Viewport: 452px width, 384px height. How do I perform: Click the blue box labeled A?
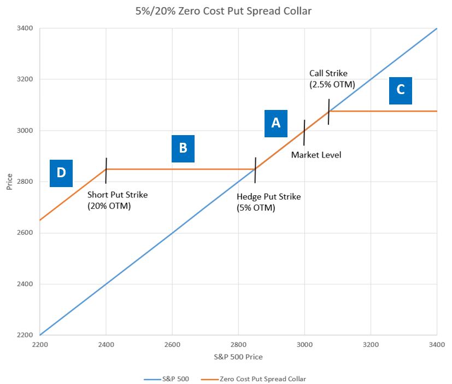coord(276,123)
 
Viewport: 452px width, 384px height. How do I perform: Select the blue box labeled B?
coord(183,148)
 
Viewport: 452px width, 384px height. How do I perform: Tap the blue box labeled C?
coord(400,90)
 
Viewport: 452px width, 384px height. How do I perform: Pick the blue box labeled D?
coord(61,173)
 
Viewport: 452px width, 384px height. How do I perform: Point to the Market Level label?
coord(316,155)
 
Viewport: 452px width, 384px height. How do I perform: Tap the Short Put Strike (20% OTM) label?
coord(118,200)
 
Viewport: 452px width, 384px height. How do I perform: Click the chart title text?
coord(226,10)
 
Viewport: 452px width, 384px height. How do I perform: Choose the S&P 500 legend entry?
coord(167,377)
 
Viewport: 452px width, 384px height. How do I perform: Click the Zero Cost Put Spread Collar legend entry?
coord(256,377)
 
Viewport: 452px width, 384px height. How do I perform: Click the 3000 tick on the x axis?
coord(304,345)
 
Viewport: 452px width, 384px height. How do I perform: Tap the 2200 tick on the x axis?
coord(40,345)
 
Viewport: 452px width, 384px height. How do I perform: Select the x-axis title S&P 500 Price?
coord(238,357)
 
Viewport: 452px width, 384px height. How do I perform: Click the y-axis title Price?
coord(9,182)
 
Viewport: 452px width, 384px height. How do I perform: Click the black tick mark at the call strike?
coord(328,112)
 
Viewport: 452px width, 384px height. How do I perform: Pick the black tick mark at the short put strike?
coord(106,170)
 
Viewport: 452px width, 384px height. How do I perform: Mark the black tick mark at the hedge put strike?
coord(255,170)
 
